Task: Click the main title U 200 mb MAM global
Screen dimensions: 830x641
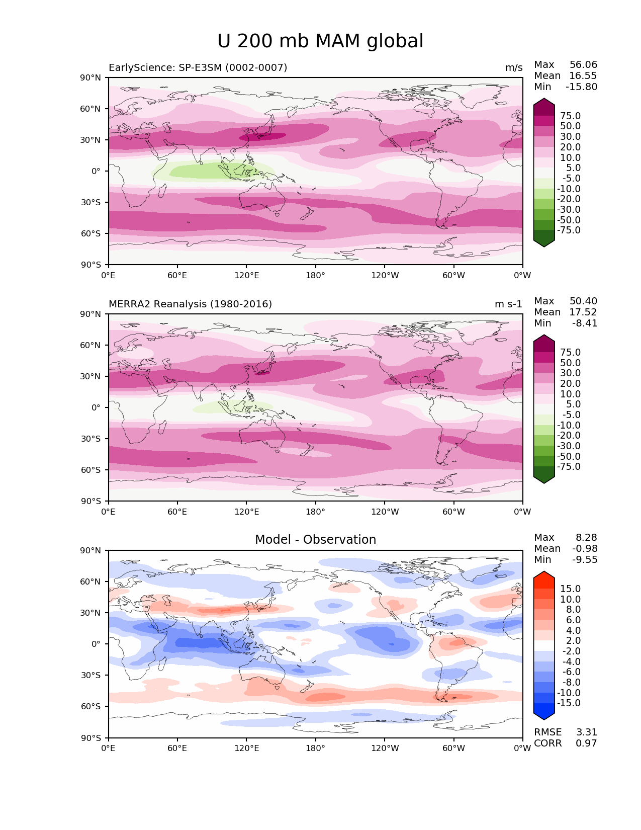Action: click(x=320, y=41)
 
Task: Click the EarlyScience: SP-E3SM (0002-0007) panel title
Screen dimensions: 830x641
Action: click(x=198, y=67)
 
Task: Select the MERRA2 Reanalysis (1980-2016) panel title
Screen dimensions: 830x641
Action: click(x=191, y=304)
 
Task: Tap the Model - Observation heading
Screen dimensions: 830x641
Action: click(x=315, y=540)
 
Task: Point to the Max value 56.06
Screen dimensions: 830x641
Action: click(x=583, y=65)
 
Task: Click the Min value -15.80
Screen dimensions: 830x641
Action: click(x=581, y=87)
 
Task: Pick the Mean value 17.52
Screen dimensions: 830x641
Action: click(x=583, y=312)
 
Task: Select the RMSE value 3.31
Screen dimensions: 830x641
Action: click(x=586, y=732)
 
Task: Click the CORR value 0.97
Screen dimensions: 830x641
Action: click(x=586, y=743)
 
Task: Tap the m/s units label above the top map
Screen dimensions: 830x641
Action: click(x=514, y=68)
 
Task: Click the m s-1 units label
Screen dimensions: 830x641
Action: click(x=508, y=304)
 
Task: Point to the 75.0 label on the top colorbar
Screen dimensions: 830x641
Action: click(x=570, y=116)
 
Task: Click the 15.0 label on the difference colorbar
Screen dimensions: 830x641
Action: click(x=570, y=589)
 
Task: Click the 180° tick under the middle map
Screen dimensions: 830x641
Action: click(x=315, y=512)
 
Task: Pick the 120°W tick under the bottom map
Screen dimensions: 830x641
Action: click(x=385, y=749)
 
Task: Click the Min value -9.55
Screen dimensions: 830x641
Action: click(x=585, y=560)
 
